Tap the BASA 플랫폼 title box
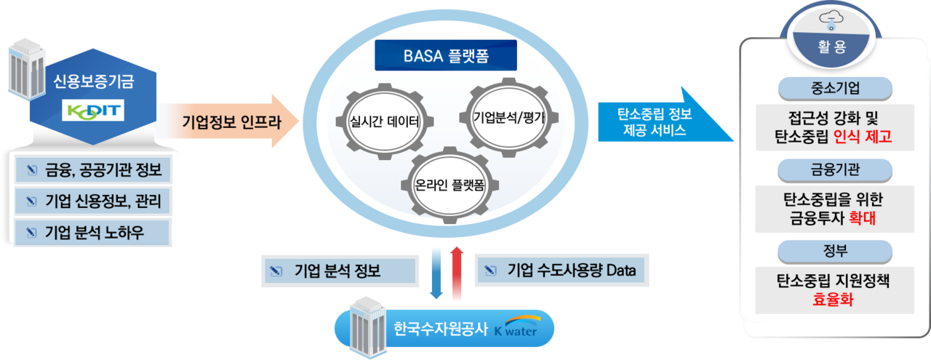coord(446,55)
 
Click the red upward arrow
coord(457,273)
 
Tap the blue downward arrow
coord(436,273)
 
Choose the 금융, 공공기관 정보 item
coord(92,172)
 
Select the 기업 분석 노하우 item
coord(92,232)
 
